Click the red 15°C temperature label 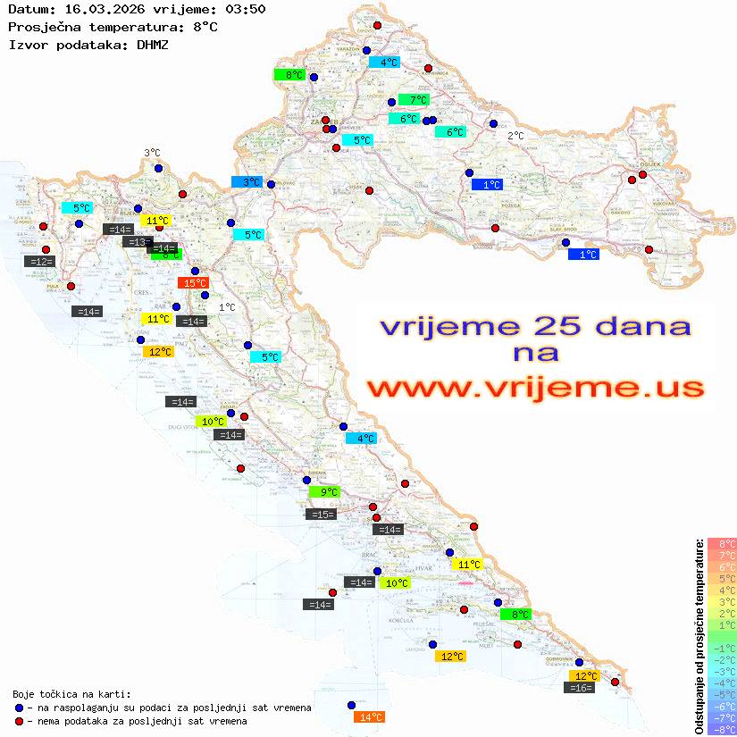click(x=193, y=282)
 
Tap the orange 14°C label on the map click(x=369, y=716)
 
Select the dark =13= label click(x=137, y=242)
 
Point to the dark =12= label click(x=40, y=261)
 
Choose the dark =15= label click(x=321, y=514)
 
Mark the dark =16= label click(x=581, y=687)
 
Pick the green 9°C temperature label click(x=324, y=491)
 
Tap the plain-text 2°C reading click(x=516, y=136)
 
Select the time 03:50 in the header click(x=244, y=9)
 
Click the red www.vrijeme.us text click(x=534, y=387)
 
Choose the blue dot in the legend click(x=19, y=708)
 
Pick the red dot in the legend click(x=19, y=721)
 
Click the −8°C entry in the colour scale click(x=721, y=729)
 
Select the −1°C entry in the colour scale click(x=721, y=648)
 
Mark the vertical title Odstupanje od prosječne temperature click(x=699, y=636)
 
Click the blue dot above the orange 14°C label click(x=352, y=704)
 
